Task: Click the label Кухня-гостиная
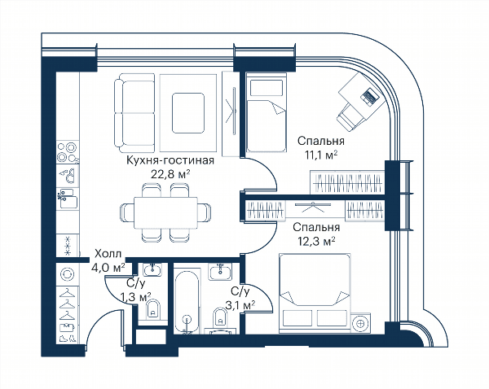tap(170, 160)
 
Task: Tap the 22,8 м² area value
tap(170, 174)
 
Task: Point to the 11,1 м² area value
tap(321, 155)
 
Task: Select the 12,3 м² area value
tap(316, 241)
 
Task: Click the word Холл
tap(108, 254)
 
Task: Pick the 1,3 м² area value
tap(136, 297)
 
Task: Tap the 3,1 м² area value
tap(240, 304)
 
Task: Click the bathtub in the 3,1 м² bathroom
tap(187, 302)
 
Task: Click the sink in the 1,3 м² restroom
tap(152, 269)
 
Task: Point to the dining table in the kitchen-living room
tap(165, 212)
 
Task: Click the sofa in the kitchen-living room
tap(134, 113)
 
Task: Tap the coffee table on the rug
tap(188, 113)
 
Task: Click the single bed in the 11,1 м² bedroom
tap(266, 112)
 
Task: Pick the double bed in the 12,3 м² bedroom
tap(315, 292)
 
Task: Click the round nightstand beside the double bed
tap(361, 323)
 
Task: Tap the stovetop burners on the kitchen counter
tap(68, 151)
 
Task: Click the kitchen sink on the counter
tap(68, 198)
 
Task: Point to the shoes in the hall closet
tap(68, 338)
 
